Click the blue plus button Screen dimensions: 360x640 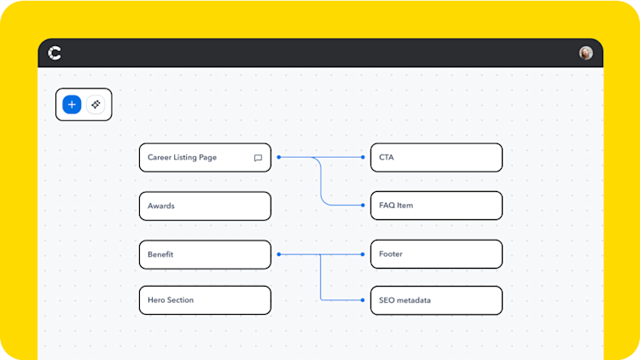72,105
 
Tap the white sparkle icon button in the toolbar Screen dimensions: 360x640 96,105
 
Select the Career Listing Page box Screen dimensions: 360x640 205,158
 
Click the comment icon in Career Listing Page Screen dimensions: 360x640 258,158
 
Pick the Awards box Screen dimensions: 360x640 205,206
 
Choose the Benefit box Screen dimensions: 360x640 205,254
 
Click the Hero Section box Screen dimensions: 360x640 205,300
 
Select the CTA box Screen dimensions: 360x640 436,158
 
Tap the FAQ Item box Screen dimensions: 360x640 436,206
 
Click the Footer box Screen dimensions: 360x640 436,254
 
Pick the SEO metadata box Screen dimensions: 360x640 436,300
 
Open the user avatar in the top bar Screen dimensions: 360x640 585,53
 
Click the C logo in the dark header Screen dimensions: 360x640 55,53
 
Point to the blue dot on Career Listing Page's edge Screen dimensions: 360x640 278,157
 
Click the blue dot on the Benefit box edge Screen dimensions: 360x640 278,254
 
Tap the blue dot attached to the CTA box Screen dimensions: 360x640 364,157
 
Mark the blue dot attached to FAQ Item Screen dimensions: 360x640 364,206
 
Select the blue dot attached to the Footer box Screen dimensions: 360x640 364,254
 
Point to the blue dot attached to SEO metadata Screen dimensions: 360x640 364,300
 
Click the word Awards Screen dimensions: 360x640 160,206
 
